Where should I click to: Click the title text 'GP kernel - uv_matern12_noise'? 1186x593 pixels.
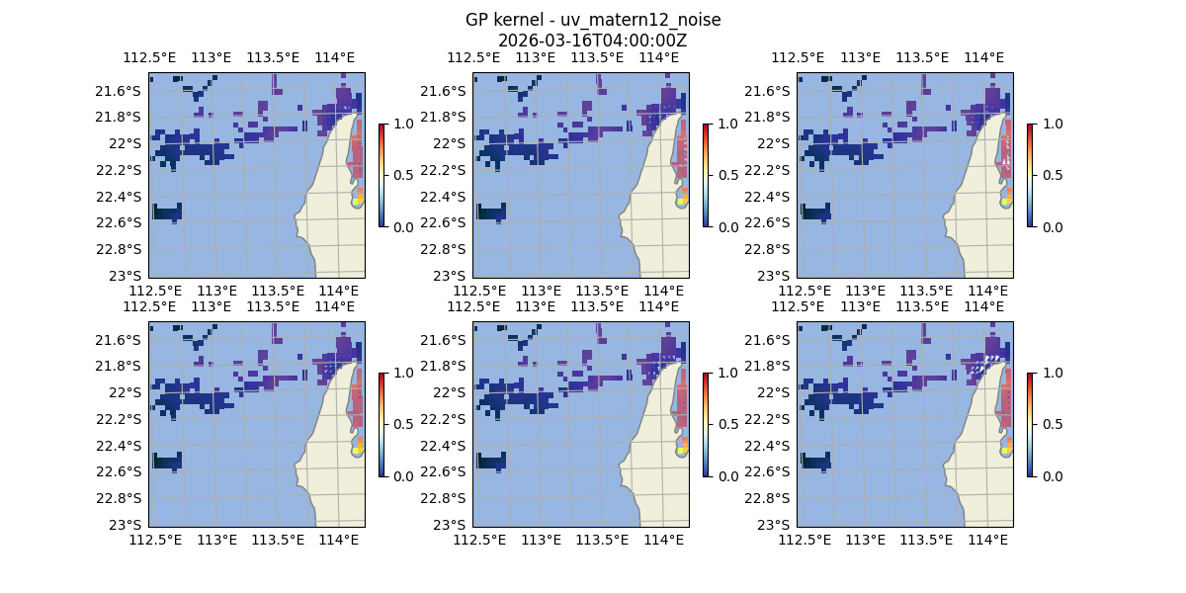click(593, 20)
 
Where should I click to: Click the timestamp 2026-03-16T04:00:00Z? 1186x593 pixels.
click(593, 41)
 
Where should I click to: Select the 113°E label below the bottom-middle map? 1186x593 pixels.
click(541, 540)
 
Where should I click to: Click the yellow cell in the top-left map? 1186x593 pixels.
click(357, 202)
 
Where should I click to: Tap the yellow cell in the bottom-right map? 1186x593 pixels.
click(1005, 451)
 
